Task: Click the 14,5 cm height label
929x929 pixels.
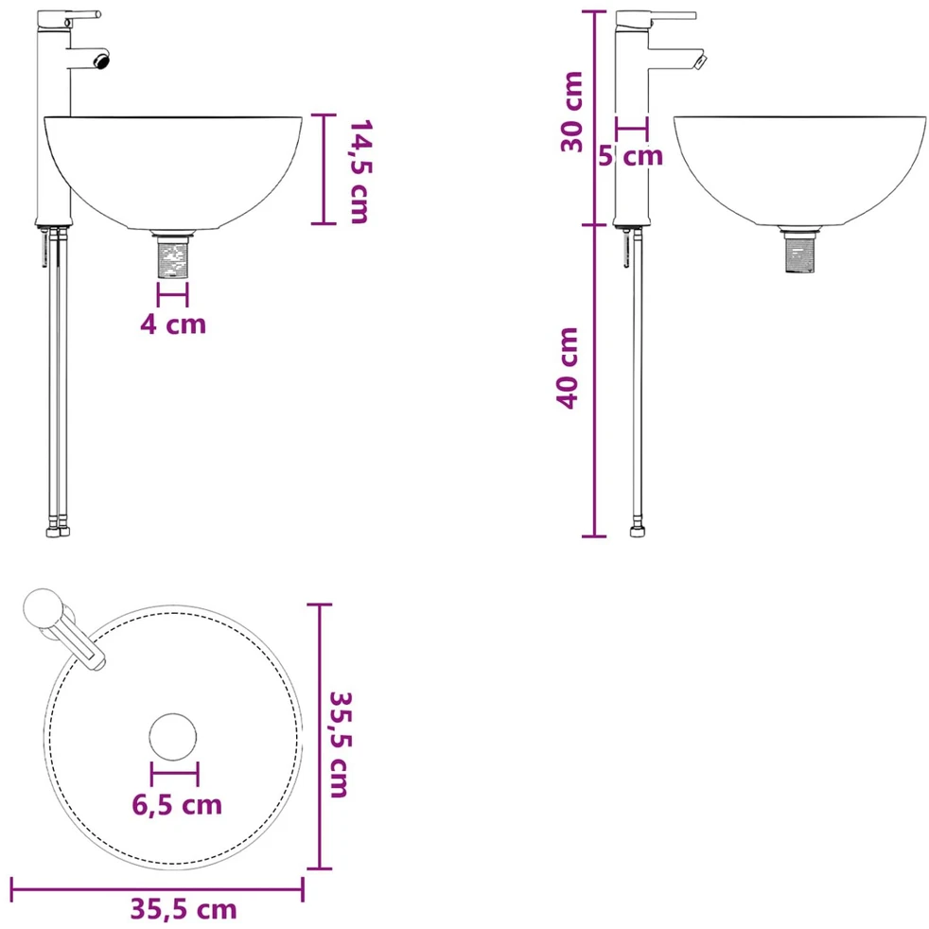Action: (359, 171)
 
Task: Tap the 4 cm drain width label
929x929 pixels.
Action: (173, 324)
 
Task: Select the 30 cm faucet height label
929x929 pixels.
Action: (572, 112)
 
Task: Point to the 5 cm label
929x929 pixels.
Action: (630, 156)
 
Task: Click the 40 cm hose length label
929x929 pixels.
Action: (568, 368)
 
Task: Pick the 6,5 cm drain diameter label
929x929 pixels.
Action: (177, 804)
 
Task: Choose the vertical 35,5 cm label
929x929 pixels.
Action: (340, 745)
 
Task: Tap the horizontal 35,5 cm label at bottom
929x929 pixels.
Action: (184, 909)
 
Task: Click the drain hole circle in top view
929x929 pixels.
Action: (173, 736)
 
